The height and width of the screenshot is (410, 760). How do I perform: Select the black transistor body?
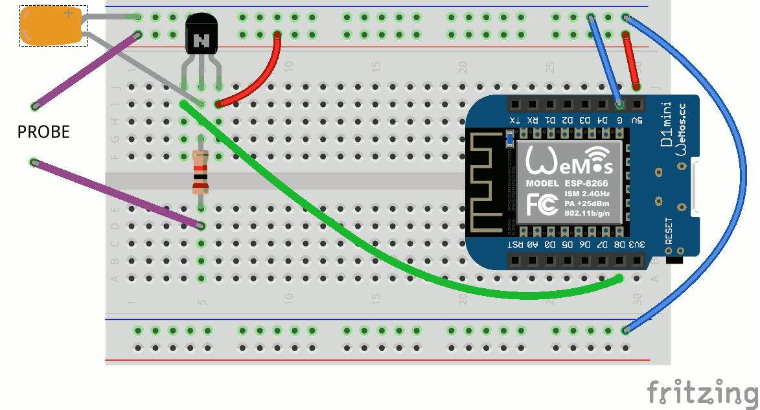[x=202, y=35]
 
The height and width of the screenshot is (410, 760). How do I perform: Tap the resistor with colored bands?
[x=201, y=172]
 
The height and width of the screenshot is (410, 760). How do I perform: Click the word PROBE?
[x=43, y=133]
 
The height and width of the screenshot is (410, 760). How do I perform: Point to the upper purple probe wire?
[x=84, y=71]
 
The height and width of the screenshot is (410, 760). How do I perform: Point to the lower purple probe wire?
[x=117, y=194]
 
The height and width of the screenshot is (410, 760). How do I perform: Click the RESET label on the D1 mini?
[x=669, y=231]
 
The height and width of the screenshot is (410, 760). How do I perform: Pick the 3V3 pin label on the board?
[x=638, y=244]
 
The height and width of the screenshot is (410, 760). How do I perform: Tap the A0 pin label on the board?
[x=533, y=244]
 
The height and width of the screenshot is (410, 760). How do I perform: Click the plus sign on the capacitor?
[x=69, y=13]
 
